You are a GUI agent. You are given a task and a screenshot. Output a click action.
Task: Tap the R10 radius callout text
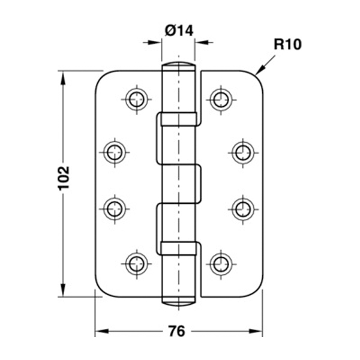[287, 44]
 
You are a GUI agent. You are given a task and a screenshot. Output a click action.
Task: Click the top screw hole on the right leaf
[221, 98]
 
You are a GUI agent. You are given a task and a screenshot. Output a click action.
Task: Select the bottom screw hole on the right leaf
[221, 261]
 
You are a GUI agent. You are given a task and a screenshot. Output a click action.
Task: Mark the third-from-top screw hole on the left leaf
[114, 208]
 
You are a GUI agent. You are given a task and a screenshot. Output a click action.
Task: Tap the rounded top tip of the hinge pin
[179, 64]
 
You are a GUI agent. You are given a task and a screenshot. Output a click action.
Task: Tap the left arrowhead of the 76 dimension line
[100, 331]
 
